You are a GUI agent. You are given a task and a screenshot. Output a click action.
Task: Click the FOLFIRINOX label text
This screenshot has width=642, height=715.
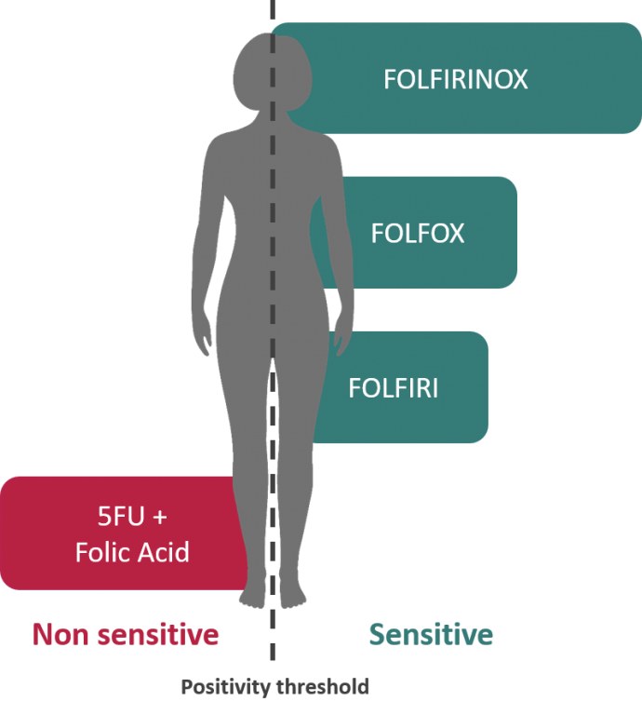tap(455, 79)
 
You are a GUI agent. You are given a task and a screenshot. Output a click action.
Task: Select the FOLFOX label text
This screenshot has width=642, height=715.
tap(417, 233)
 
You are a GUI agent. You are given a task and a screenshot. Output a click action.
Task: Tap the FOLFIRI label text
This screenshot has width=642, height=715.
tap(393, 387)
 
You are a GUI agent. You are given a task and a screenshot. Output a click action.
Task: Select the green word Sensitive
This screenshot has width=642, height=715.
tap(431, 635)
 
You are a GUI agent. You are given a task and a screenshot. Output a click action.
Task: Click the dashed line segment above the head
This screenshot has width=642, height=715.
tap(272, 13)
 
